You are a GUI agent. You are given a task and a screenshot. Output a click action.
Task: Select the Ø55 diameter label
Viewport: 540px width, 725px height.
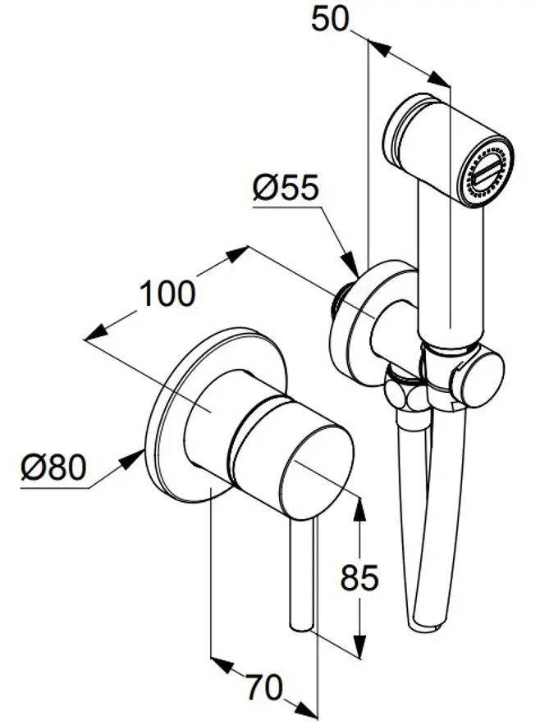285,189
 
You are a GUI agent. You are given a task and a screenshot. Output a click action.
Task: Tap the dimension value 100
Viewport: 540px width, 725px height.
167,293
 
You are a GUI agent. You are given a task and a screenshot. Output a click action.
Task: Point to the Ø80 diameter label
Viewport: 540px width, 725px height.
53,467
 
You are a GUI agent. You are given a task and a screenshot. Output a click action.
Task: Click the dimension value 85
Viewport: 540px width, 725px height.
359,578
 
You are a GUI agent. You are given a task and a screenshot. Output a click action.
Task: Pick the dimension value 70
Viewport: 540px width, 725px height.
264,688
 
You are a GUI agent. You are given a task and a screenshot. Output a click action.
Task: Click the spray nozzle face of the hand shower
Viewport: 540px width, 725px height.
487,171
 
